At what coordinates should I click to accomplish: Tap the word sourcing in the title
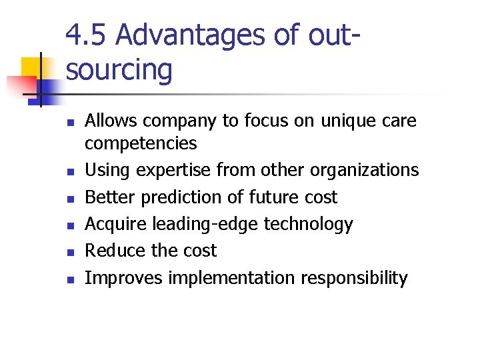(119, 69)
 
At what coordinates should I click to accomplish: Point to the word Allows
(110, 121)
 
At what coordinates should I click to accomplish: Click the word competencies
(141, 143)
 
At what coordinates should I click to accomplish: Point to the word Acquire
(116, 224)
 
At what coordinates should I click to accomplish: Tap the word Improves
(123, 278)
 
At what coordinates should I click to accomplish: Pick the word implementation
(231, 278)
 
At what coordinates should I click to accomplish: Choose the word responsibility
(353, 278)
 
